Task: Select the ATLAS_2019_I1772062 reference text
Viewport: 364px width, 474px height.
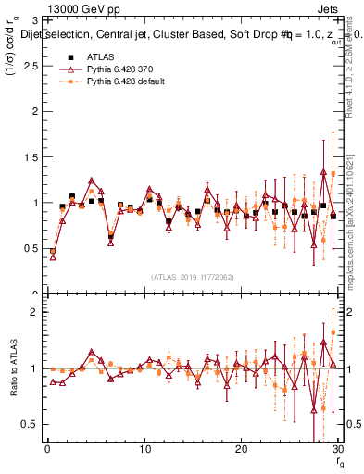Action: coord(192,276)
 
